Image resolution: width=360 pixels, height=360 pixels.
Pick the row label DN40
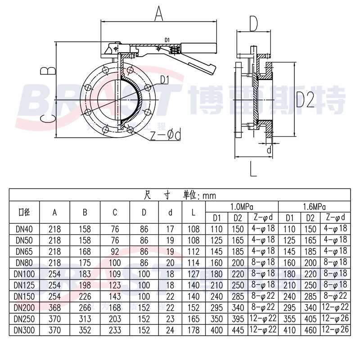pos(24,229)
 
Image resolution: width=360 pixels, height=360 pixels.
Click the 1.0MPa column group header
pos(242,207)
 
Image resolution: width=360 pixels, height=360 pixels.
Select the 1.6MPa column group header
pos(315,207)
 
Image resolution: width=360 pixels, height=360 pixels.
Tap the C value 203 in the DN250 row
pos(115,319)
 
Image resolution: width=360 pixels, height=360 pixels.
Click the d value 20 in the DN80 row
pos(171,262)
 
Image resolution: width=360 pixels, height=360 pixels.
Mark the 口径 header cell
pos(24,212)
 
